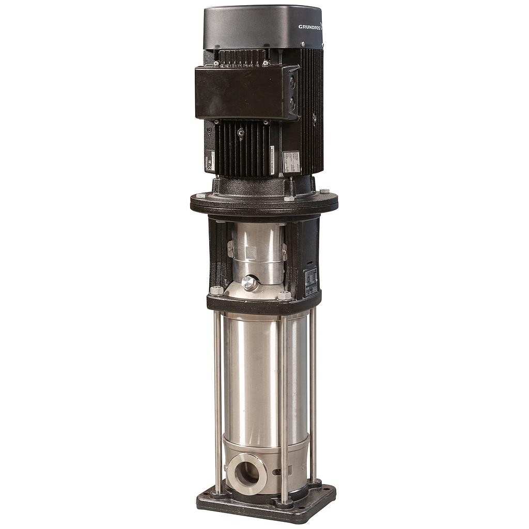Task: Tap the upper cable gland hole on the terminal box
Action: [x=293, y=82]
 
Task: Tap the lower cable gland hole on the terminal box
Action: [x=293, y=103]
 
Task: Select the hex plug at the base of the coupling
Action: [x=250, y=283]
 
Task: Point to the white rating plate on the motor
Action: [x=291, y=162]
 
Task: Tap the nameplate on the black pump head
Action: [x=311, y=281]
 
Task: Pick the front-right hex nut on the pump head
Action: [x=284, y=295]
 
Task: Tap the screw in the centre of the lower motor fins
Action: [x=240, y=132]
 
